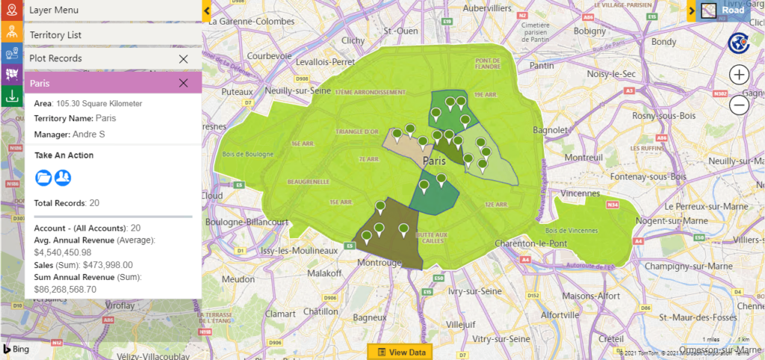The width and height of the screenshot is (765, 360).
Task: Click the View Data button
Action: [x=401, y=352]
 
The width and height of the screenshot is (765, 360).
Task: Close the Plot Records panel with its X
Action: [x=183, y=58]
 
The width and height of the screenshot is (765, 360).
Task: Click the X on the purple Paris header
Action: [x=183, y=83]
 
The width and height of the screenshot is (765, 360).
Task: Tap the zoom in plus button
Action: [x=739, y=75]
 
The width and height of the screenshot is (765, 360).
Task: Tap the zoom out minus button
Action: [x=739, y=105]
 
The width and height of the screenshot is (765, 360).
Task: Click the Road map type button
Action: [x=724, y=10]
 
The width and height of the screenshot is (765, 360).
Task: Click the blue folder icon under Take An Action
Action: [x=43, y=177]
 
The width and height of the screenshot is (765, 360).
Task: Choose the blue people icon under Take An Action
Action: [x=63, y=177]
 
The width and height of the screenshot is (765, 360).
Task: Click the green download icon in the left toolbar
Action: [x=11, y=96]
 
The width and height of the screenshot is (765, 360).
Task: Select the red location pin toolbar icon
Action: [x=11, y=10]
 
